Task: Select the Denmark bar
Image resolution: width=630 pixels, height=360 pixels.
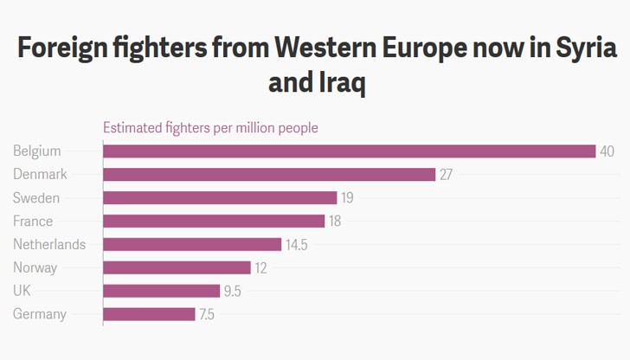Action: (269, 175)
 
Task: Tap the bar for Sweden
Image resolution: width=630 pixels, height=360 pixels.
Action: (220, 198)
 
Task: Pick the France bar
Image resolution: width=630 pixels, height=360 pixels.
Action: (214, 222)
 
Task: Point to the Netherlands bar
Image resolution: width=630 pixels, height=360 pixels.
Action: (192, 245)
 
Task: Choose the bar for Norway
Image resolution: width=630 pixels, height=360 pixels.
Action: (177, 268)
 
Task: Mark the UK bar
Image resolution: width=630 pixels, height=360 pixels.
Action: (161, 292)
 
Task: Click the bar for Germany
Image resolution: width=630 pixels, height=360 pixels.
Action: (149, 315)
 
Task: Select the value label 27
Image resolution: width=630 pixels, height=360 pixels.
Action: (447, 175)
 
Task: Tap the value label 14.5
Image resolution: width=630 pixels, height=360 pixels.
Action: (297, 245)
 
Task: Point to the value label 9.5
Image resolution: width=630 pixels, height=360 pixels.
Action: (233, 292)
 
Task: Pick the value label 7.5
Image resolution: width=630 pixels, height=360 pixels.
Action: (207, 315)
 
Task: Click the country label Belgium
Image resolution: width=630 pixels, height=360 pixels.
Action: (37, 151)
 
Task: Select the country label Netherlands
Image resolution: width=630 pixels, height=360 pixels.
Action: (49, 245)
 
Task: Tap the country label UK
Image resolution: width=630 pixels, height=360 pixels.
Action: (22, 292)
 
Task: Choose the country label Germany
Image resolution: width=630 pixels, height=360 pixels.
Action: (40, 315)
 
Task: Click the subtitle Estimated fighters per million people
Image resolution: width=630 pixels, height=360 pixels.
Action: (210, 128)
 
